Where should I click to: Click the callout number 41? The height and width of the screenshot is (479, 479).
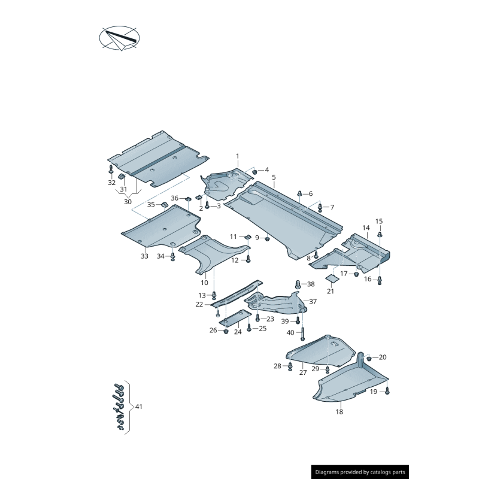pos(139,407)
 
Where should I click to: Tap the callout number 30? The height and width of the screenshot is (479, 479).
pos(128,202)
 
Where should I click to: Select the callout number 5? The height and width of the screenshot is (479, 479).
pos(274,177)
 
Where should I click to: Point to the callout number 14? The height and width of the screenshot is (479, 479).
pos(366,228)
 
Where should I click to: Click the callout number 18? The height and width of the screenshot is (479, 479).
pos(339,412)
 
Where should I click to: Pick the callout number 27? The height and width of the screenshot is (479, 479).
pos(303,372)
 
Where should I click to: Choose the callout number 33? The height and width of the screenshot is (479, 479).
pos(144,256)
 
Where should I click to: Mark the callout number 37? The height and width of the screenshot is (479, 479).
pos(313,302)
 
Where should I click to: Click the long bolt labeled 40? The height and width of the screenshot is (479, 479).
pos(302,334)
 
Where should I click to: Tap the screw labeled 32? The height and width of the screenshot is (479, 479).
pos(111,169)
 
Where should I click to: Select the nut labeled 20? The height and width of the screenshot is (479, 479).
pos(369,357)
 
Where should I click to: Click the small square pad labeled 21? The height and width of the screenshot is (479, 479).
pos(332,278)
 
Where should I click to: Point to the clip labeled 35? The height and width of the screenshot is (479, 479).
pos(165,204)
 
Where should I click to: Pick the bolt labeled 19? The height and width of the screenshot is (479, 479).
pos(387,390)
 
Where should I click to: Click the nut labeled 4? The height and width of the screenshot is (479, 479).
pos(254,172)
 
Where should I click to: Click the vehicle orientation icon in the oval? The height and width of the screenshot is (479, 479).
pos(119,38)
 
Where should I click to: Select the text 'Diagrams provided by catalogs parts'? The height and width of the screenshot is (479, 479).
pos(360,472)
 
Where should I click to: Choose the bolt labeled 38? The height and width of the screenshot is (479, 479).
pos(298,284)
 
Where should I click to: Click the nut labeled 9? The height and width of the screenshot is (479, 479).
pos(268,238)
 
